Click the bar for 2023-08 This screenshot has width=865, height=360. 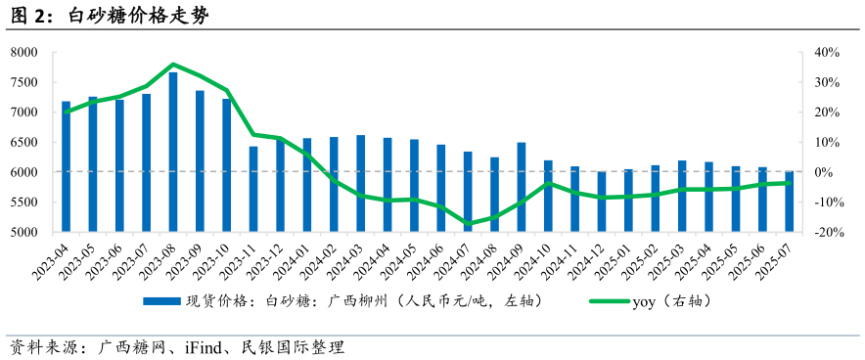click(x=173, y=152)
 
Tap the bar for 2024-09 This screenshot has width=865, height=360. click(x=522, y=187)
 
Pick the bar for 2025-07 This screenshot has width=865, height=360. click(x=789, y=202)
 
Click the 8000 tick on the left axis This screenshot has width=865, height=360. click(x=23, y=52)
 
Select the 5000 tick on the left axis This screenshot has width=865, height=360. click(x=23, y=233)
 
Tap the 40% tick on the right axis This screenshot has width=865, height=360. click(x=828, y=52)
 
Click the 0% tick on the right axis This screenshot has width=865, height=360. click(x=825, y=172)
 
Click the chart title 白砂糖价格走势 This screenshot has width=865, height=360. click(x=137, y=17)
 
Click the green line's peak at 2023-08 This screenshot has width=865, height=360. click(x=173, y=65)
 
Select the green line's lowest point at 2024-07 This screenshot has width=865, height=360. click(x=468, y=224)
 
